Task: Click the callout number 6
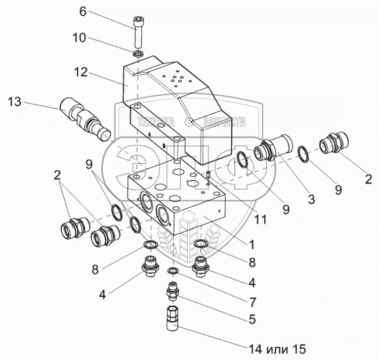tap(82, 12)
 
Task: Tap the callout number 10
tap(80, 38)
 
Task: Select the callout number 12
tap(80, 73)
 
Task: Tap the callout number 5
tap(251, 320)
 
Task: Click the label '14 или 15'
tap(277, 348)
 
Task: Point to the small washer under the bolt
tap(138, 53)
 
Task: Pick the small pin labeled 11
tap(208, 175)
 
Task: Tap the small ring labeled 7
tap(173, 272)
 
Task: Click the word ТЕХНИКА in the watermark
tap(156, 122)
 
